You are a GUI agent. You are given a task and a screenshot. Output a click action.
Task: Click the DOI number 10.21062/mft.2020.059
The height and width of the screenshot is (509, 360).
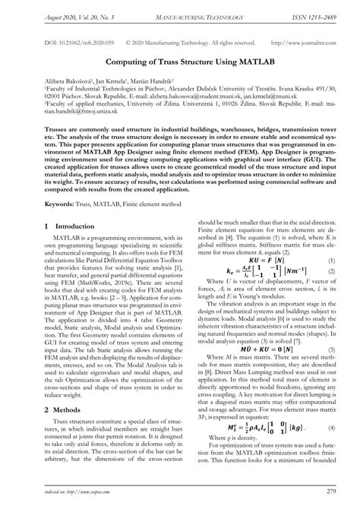pos(71,45)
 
